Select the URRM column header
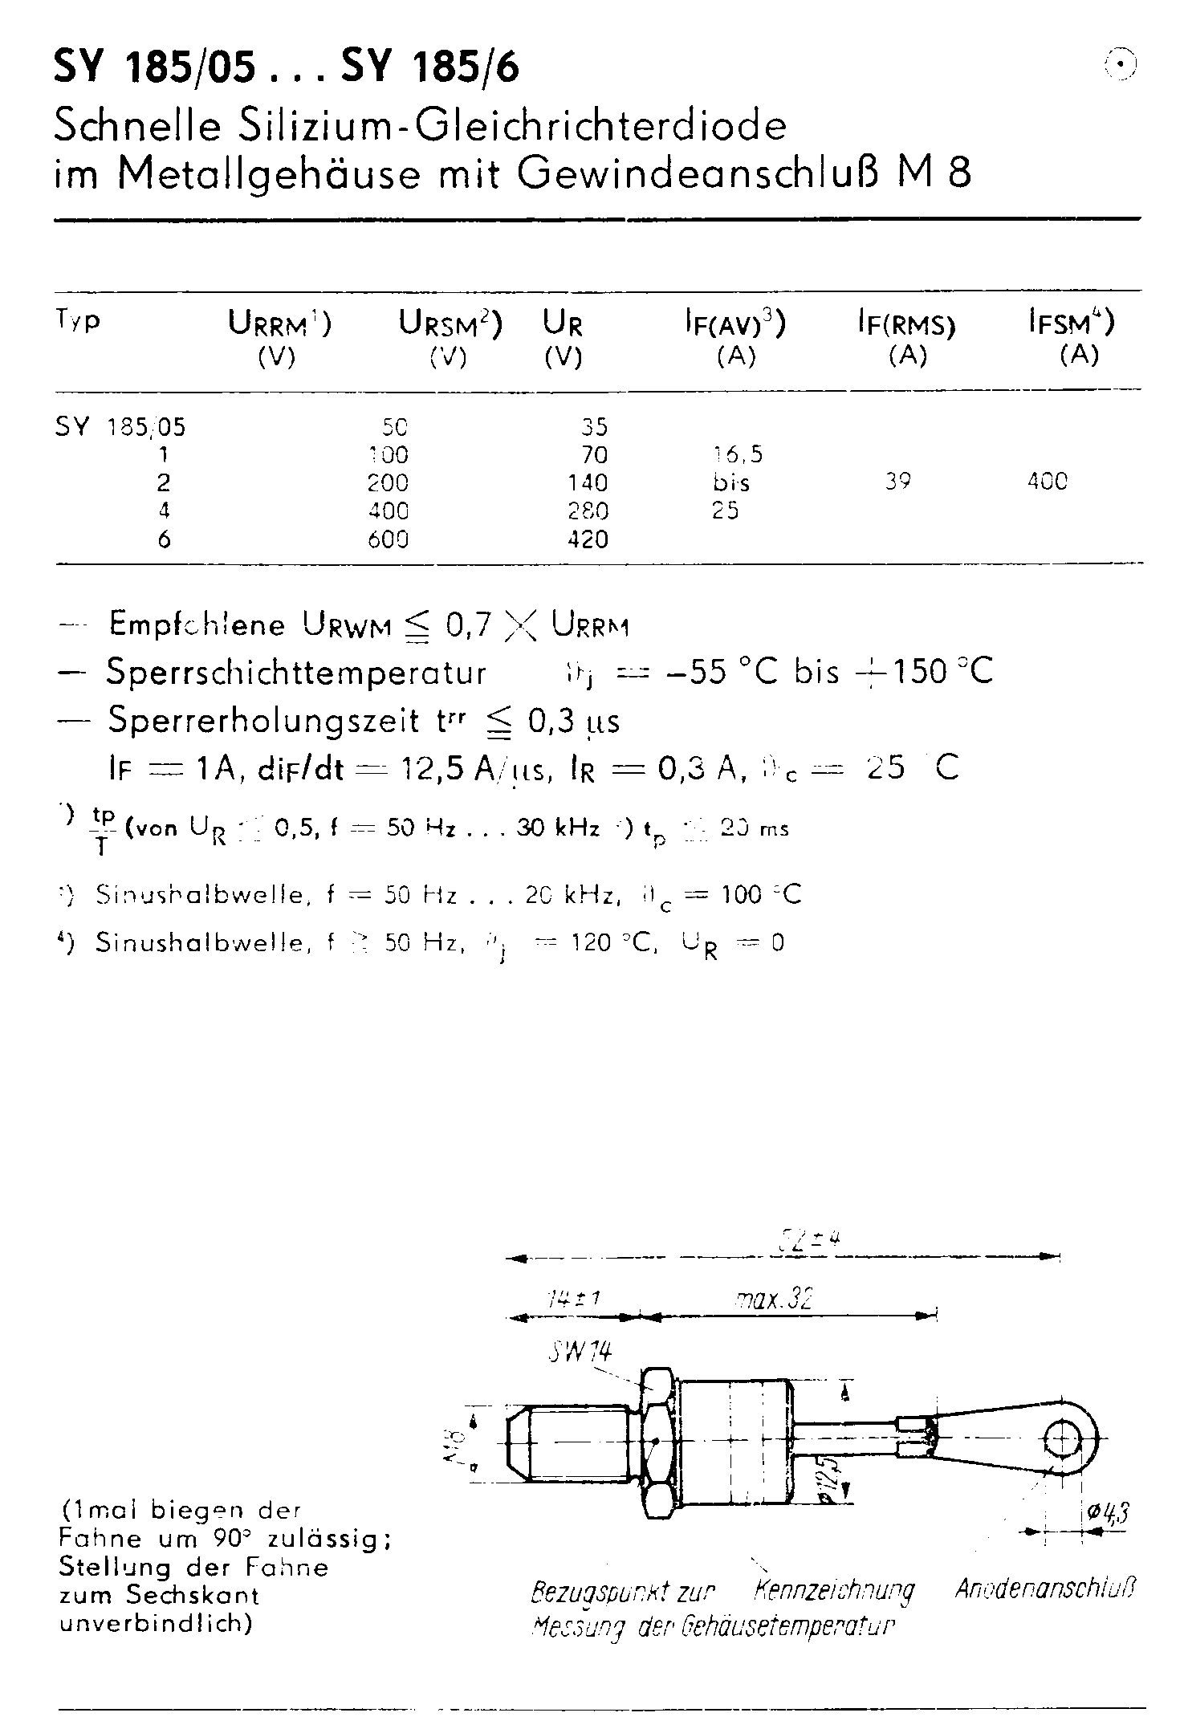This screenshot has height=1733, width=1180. click(x=279, y=323)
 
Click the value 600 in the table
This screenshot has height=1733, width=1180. click(x=388, y=540)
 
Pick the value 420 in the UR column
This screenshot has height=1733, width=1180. click(x=588, y=540)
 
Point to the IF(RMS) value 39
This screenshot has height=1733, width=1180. click(x=897, y=482)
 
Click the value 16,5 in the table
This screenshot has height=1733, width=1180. click(x=737, y=455)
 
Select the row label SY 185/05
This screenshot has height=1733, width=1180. click(x=120, y=427)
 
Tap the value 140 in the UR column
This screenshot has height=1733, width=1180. click(x=588, y=483)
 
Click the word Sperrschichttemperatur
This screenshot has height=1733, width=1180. click(x=296, y=673)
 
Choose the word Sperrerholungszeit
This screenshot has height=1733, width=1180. click(x=264, y=721)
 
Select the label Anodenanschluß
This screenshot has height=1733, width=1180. click(x=1045, y=1589)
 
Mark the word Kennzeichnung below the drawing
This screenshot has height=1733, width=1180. click(x=835, y=1590)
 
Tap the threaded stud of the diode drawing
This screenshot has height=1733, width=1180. click(x=572, y=1442)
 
